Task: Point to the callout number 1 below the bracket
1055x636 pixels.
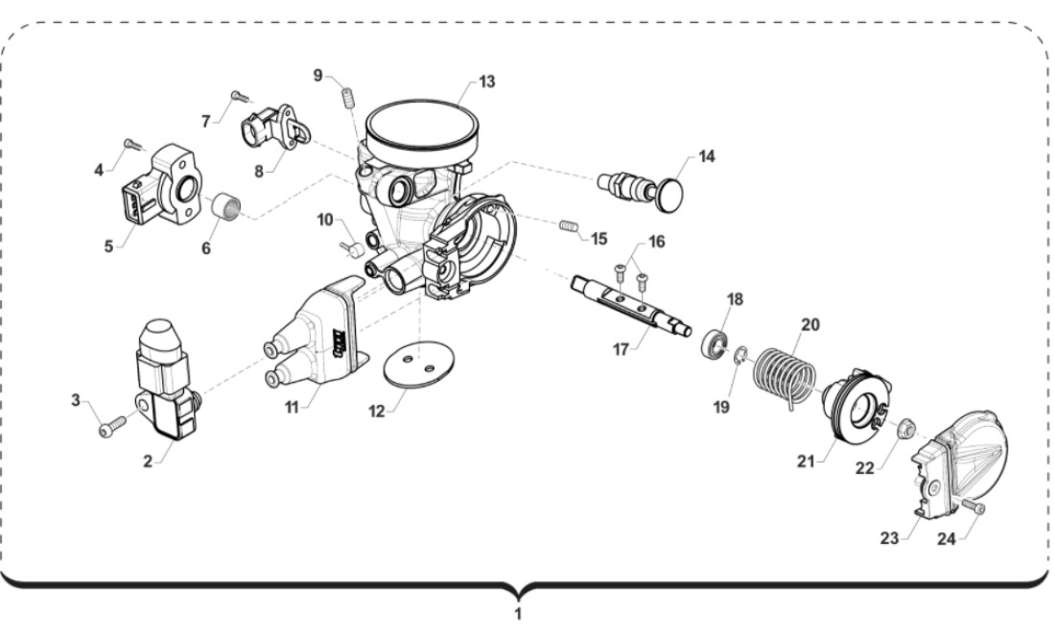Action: [x=519, y=614]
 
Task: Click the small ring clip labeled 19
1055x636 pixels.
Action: [x=740, y=359]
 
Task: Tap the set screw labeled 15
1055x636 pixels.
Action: [x=570, y=227]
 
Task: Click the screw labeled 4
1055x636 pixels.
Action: [x=134, y=145]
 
